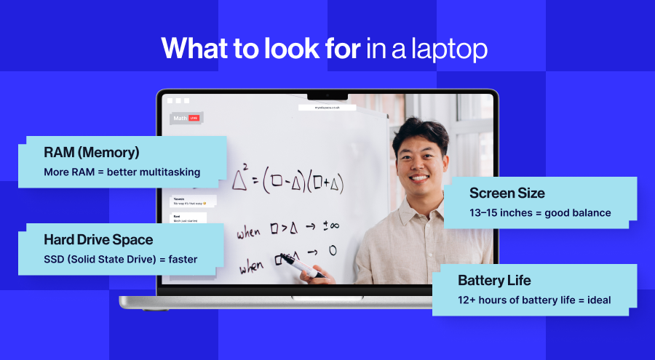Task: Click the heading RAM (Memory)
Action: click(x=92, y=153)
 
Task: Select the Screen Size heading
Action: click(x=507, y=193)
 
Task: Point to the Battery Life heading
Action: click(x=494, y=280)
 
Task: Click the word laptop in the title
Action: click(x=449, y=49)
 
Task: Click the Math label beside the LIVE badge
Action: click(x=179, y=118)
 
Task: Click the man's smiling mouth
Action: click(x=418, y=177)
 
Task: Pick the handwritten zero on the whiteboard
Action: click(x=332, y=251)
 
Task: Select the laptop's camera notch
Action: click(x=327, y=95)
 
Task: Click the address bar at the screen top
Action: click(x=327, y=108)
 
